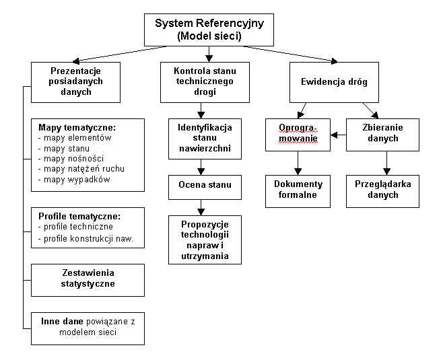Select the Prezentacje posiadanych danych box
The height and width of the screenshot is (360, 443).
click(x=76, y=82)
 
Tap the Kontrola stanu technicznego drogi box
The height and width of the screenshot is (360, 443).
click(x=201, y=81)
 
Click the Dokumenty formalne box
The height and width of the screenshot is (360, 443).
click(x=297, y=190)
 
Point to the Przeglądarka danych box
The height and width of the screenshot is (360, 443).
click(x=383, y=190)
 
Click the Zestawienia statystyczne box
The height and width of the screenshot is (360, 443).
click(x=88, y=279)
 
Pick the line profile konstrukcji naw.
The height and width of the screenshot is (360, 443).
click(x=86, y=238)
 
